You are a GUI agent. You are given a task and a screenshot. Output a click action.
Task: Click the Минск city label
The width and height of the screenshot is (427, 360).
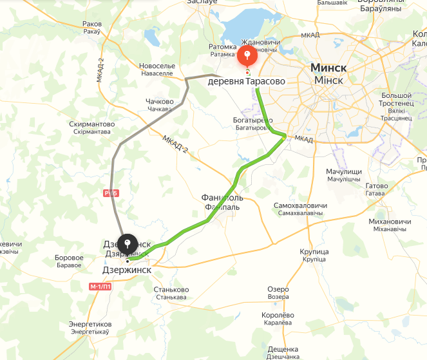click(328, 68)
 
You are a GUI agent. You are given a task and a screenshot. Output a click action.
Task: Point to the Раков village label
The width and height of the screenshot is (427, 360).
click(92, 24)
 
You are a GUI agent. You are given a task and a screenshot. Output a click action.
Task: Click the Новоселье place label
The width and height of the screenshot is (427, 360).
click(157, 66)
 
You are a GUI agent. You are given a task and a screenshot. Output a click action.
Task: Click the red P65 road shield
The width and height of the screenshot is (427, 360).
click(109, 192)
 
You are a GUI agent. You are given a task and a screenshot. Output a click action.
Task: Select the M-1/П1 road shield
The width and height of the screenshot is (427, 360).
click(101, 287)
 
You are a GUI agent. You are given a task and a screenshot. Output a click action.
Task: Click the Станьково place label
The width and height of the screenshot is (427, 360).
click(171, 290)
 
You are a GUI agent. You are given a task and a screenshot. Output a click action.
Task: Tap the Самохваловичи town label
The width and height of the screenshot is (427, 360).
click(300, 205)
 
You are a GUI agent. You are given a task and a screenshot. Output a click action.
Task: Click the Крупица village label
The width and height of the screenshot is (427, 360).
click(315, 251)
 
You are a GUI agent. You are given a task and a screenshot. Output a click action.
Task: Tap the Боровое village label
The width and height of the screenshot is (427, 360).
click(70, 258)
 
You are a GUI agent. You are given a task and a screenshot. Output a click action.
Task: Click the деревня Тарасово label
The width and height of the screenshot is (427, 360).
click(246, 82)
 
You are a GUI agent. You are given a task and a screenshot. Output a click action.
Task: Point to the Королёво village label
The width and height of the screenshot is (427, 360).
click(278, 314)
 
